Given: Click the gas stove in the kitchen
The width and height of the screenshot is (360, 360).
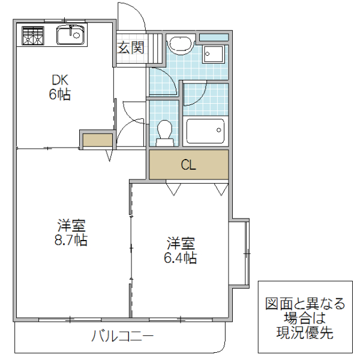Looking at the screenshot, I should click(34, 36).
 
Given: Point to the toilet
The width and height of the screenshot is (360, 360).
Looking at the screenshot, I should click(164, 132).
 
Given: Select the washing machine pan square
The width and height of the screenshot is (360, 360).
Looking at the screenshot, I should click(214, 54).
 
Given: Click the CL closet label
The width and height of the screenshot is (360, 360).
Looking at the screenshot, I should click(188, 166).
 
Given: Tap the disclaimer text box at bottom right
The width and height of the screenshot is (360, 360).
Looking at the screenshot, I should click(305, 317).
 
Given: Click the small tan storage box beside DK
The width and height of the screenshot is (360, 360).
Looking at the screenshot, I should click(97, 141).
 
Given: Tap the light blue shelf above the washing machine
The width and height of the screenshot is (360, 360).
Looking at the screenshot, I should click(214, 37).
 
